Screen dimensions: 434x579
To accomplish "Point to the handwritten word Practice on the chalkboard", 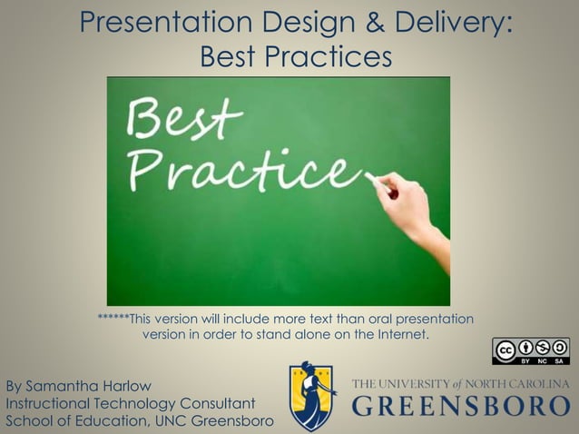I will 240,169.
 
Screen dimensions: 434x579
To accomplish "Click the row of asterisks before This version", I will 113,320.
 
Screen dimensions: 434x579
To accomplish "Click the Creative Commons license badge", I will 530,350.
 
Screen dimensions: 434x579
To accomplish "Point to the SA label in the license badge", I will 559,359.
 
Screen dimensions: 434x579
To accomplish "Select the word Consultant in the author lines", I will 219,403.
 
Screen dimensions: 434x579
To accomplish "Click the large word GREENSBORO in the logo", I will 461,408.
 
